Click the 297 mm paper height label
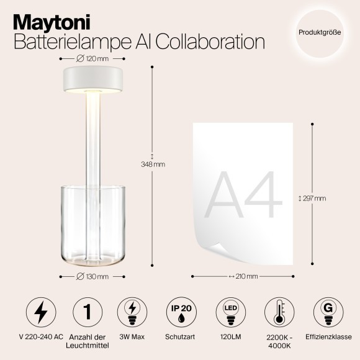pos(312,199)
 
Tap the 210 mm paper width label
pos(243,276)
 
